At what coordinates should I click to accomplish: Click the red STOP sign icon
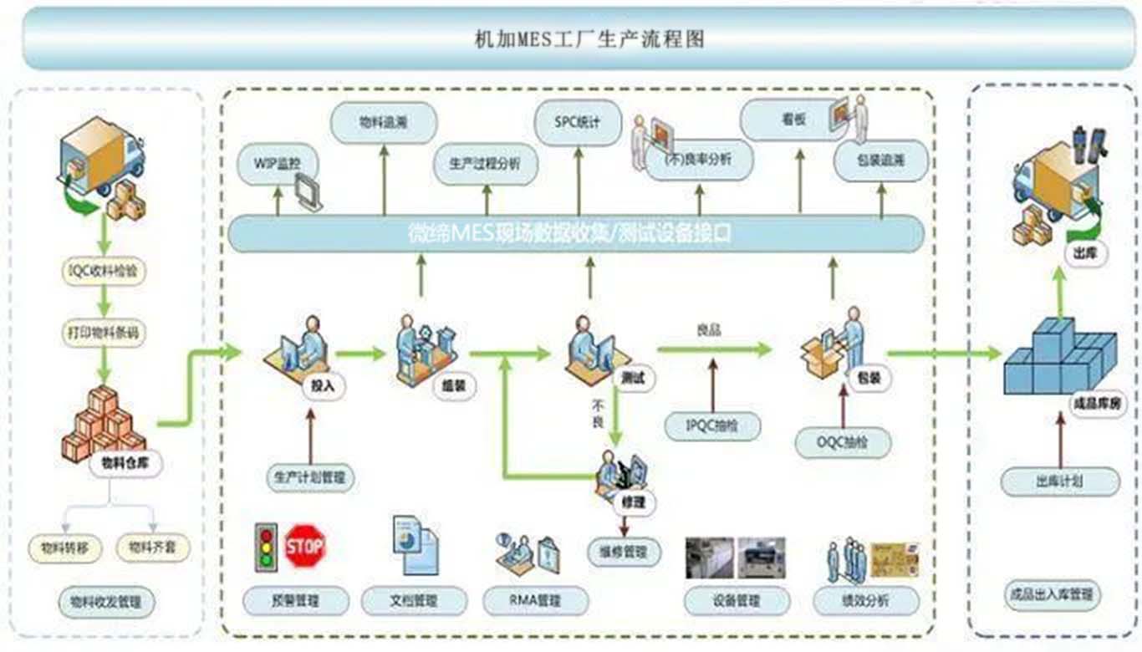click(x=304, y=545)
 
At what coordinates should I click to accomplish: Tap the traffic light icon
click(x=266, y=547)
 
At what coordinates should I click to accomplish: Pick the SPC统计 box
click(x=578, y=122)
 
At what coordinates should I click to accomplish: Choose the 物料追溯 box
click(x=384, y=123)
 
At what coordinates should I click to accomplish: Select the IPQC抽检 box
click(x=713, y=425)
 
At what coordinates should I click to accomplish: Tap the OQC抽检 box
click(x=843, y=441)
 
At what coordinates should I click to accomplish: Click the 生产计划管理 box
click(x=309, y=478)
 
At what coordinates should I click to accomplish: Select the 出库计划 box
click(x=1059, y=481)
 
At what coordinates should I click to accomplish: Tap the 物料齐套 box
click(x=152, y=548)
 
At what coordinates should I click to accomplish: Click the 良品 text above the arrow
click(x=709, y=331)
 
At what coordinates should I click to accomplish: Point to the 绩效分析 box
click(x=865, y=601)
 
